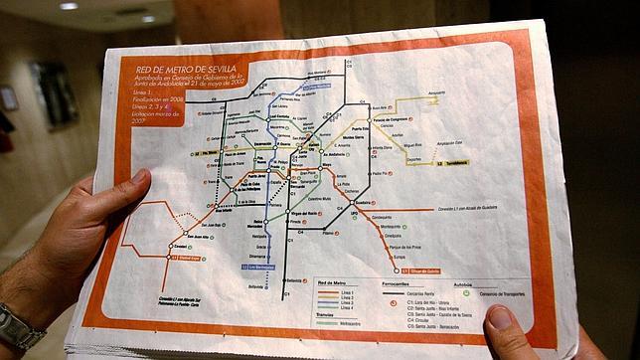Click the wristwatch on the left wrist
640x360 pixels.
tap(18, 329)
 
